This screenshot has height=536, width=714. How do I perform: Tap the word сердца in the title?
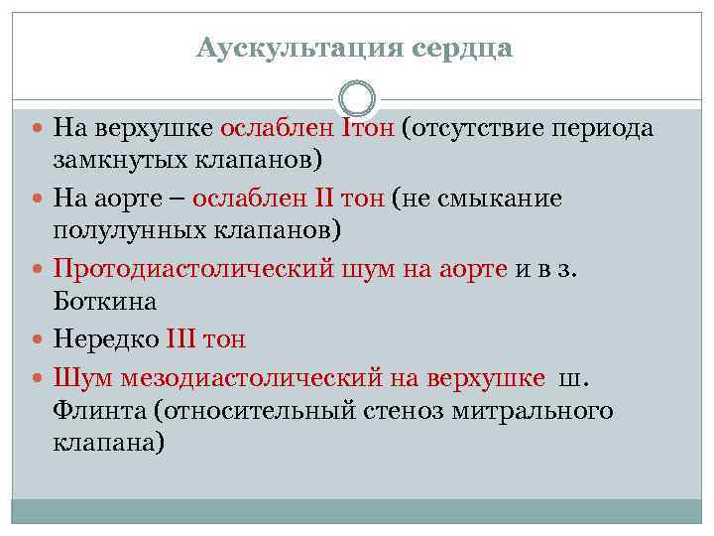(462, 48)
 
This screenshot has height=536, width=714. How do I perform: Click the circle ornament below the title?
(357, 98)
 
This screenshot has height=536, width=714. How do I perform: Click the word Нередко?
(105, 338)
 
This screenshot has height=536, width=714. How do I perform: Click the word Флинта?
(95, 409)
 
